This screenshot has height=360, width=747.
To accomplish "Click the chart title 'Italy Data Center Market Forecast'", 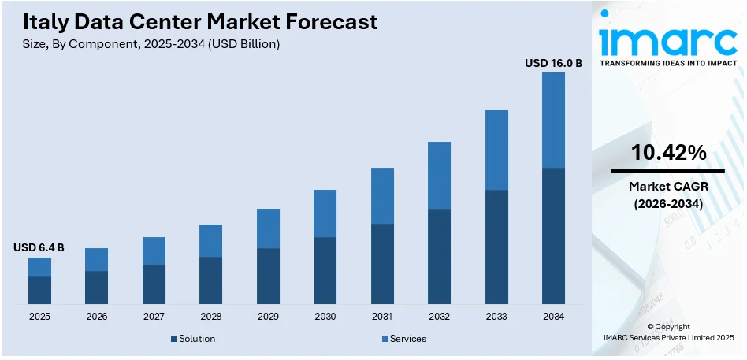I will pos(199,21).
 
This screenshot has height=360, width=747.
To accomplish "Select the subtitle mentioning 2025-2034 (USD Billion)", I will pos(151,44).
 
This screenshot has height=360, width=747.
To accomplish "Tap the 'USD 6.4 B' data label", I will pos(39,247).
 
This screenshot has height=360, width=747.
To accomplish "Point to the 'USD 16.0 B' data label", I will pos(553,62).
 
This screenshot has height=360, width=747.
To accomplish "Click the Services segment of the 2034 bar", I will pos(553,120).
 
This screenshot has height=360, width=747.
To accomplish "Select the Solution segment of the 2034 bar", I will pos(553,236).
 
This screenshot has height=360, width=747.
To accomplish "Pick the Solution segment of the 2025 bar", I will pos(39,290).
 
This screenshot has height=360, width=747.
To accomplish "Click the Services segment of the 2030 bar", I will pos(325,213).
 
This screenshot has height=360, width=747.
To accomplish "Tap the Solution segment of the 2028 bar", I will pos(210,280).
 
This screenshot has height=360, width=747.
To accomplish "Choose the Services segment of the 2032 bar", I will pos(439,175).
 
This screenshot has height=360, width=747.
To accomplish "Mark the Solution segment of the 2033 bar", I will pos(496,247).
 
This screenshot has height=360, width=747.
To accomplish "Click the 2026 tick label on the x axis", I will pos(96,316).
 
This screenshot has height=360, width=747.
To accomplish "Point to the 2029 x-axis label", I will pos(268,316).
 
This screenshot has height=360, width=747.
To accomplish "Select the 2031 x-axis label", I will pos(382,316).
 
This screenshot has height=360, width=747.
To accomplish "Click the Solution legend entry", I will pos(192,339).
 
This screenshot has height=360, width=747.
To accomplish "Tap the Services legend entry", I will pos(403,339).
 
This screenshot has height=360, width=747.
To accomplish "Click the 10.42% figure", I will pos(668,153).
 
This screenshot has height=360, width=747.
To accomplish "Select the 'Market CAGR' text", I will pos(668,187).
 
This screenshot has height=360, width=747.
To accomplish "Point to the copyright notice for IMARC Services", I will pos(668,332).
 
